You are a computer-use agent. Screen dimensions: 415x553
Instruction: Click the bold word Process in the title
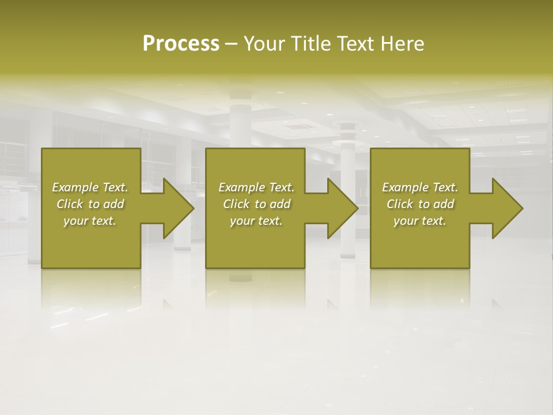181,44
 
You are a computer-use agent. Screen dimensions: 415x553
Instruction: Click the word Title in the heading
312,44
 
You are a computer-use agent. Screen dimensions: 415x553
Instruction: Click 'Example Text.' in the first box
90,187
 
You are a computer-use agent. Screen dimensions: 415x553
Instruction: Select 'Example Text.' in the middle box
256,187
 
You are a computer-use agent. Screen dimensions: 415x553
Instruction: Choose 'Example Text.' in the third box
420,187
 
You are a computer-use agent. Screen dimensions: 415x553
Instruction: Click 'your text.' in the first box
90,221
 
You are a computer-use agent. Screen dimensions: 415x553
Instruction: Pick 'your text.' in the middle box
256,221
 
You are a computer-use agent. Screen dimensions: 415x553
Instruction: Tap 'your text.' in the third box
420,221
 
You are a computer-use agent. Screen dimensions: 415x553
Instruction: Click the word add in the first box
113,204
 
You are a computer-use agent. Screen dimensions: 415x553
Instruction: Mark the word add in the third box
444,204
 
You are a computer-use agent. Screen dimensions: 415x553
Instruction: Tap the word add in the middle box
280,204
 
